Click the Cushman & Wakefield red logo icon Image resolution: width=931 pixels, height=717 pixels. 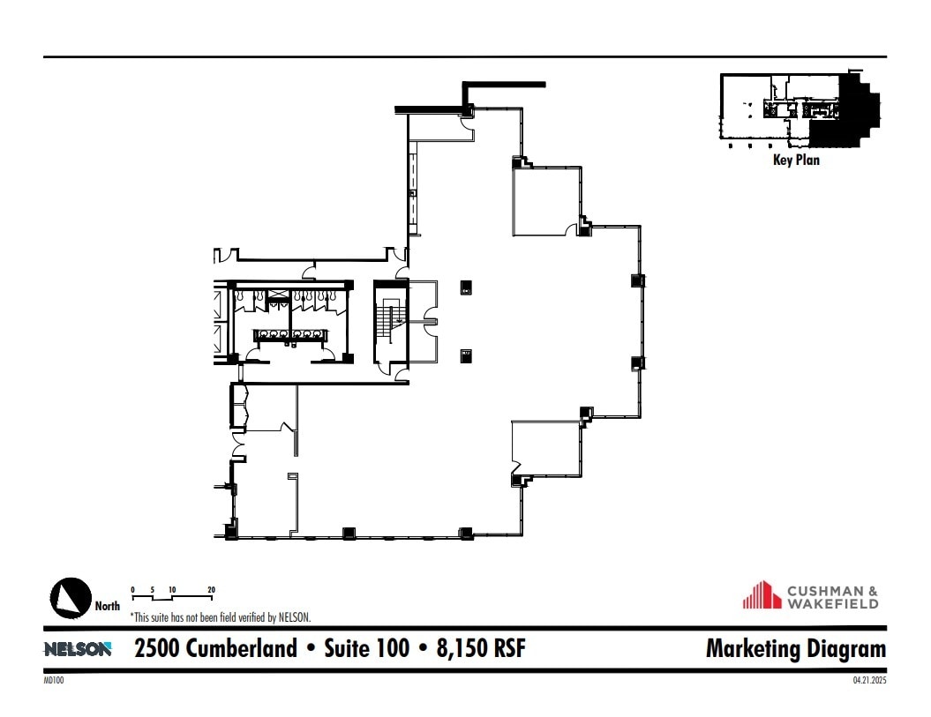point(762,594)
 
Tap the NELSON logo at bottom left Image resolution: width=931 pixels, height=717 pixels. point(78,649)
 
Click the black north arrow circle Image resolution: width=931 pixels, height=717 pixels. point(71,598)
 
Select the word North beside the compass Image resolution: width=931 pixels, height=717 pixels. point(108,606)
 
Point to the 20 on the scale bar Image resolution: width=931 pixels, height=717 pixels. point(211,588)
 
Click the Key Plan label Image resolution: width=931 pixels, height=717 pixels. point(796,161)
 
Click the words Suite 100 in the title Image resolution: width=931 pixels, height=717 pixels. point(366,649)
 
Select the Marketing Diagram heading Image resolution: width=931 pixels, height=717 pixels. point(795,649)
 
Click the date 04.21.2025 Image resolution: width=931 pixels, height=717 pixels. point(868,680)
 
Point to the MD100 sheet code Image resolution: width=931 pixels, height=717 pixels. point(53,680)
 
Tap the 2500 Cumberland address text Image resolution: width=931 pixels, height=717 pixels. point(215,649)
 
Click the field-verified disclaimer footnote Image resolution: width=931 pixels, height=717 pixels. point(221,617)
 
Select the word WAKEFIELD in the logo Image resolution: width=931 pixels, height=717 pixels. point(834,604)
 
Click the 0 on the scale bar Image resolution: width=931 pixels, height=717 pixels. point(132,588)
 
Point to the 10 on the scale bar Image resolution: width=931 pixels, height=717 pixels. point(172,588)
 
